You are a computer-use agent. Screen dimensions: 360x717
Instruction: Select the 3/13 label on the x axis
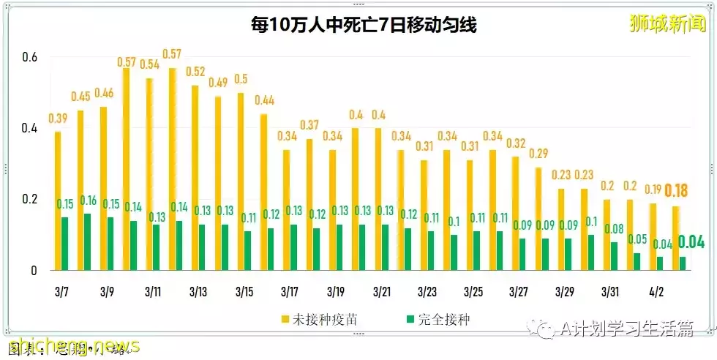(198, 292)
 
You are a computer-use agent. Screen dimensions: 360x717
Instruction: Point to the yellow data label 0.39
(58, 119)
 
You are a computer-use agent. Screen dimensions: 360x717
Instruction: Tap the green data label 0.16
(89, 200)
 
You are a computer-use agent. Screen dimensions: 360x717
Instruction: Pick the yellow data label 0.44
(264, 100)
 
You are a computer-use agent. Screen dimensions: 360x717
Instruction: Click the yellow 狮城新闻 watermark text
(667, 23)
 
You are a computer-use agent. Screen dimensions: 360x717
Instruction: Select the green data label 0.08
(614, 229)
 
